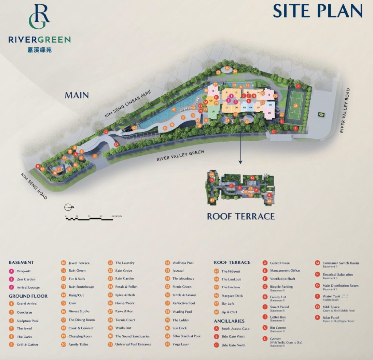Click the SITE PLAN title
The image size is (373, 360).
[318, 11]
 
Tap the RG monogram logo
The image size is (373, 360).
[39, 17]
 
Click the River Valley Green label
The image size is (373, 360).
[180, 155]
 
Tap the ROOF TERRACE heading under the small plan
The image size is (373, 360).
[241, 217]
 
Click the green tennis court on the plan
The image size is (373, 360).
[295, 106]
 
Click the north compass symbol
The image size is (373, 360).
[68, 207]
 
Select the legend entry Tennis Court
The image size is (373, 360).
[125, 320]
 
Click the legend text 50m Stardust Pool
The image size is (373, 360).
[186, 336]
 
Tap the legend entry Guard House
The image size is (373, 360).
[280, 263]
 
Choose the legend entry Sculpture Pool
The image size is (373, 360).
[27, 321]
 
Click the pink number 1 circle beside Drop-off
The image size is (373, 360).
[11, 271]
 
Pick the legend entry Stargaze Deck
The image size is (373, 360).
[232, 296]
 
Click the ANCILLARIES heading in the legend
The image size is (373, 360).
[229, 321]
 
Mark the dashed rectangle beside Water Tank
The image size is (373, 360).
[345, 296]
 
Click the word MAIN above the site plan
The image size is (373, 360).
[77, 95]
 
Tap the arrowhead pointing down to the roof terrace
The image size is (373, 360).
[240, 163]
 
